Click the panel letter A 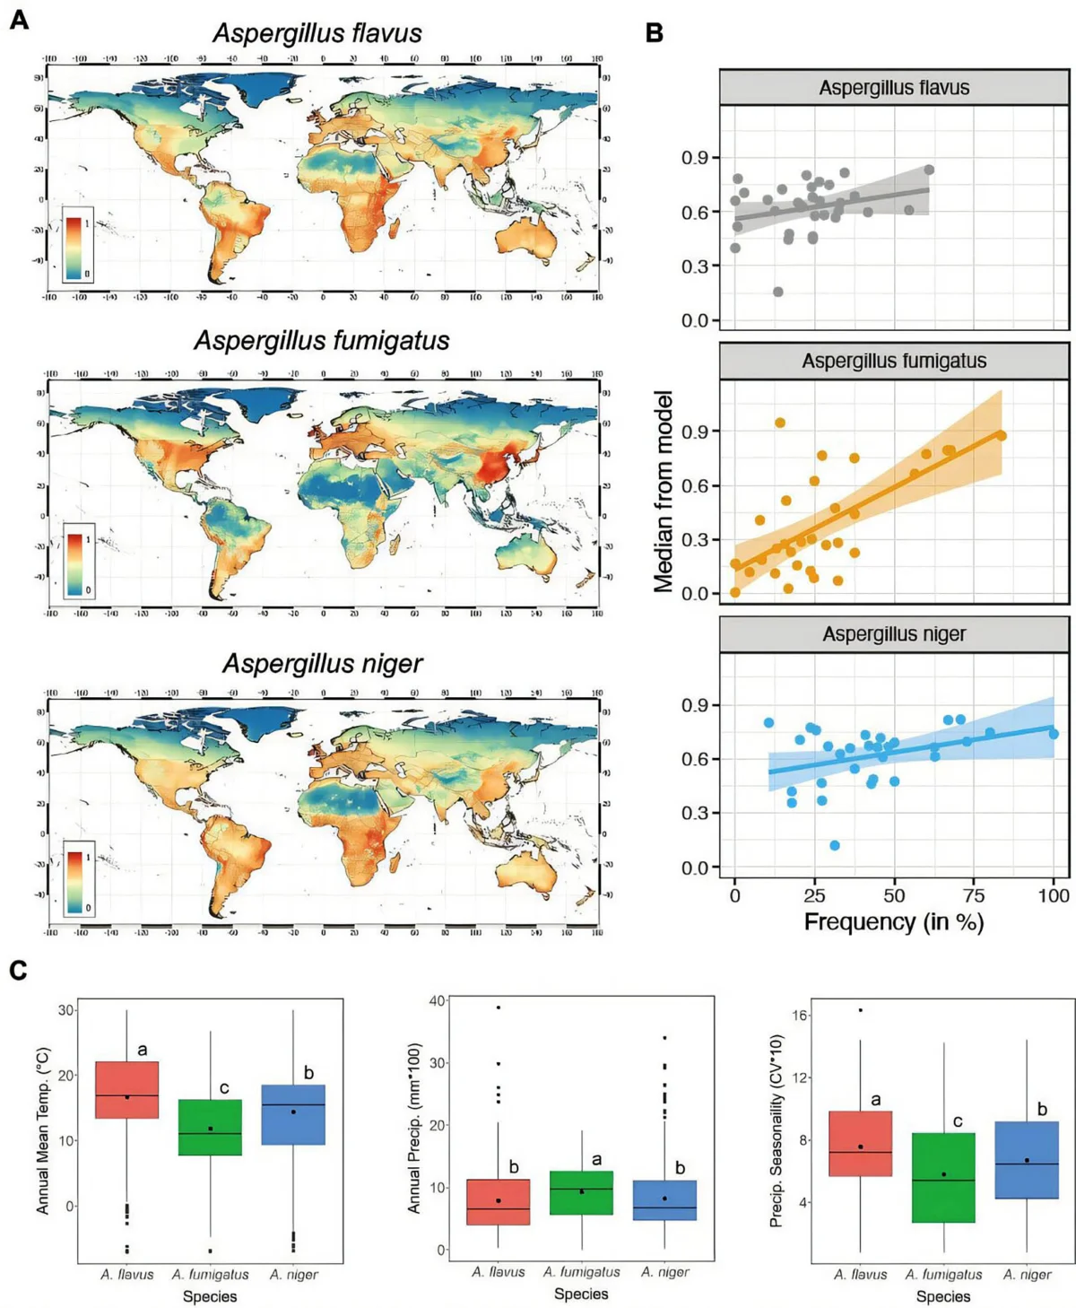click(x=19, y=20)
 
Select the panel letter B click(x=655, y=33)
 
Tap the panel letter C click(x=18, y=971)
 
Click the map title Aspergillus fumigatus click(x=321, y=341)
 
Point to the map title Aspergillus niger click(x=322, y=663)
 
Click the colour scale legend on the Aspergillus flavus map click(x=77, y=245)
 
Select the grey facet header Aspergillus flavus click(x=893, y=88)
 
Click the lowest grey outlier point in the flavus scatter click(x=777, y=292)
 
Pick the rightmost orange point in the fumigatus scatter click(x=1001, y=436)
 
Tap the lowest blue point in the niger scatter click(x=835, y=845)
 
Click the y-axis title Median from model click(x=664, y=492)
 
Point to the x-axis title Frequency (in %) click(x=893, y=922)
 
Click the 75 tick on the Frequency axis click(x=974, y=895)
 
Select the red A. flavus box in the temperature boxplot click(x=127, y=1090)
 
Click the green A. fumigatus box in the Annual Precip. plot click(x=581, y=1193)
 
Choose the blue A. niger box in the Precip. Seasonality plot click(x=1027, y=1159)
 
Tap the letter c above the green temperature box click(x=224, y=1088)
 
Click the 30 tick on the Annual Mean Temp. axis click(x=65, y=1010)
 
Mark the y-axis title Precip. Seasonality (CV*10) click(x=777, y=1130)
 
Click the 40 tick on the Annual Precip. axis click(x=437, y=1001)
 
